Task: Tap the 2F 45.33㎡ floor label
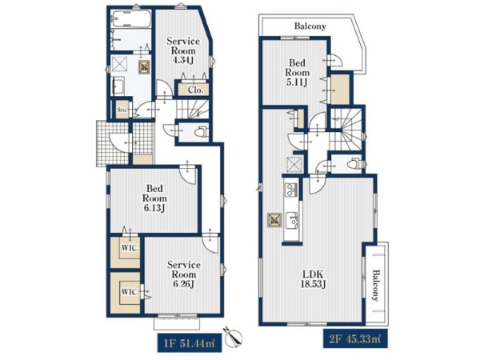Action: click(355, 338)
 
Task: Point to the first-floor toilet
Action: click(202, 132)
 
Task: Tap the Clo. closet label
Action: click(196, 90)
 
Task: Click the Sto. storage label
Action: click(122, 110)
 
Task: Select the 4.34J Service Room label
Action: click(183, 50)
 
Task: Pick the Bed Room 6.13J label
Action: click(154, 198)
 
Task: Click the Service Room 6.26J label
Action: click(184, 274)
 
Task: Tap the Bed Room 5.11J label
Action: click(298, 73)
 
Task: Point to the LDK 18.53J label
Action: click(313, 279)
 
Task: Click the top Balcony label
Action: click(310, 26)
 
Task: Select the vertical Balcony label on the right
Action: click(376, 286)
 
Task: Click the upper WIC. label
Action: click(130, 248)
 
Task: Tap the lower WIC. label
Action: click(130, 292)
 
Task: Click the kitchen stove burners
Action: click(291, 190)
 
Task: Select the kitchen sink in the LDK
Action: click(292, 220)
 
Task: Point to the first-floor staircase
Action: click(192, 110)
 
